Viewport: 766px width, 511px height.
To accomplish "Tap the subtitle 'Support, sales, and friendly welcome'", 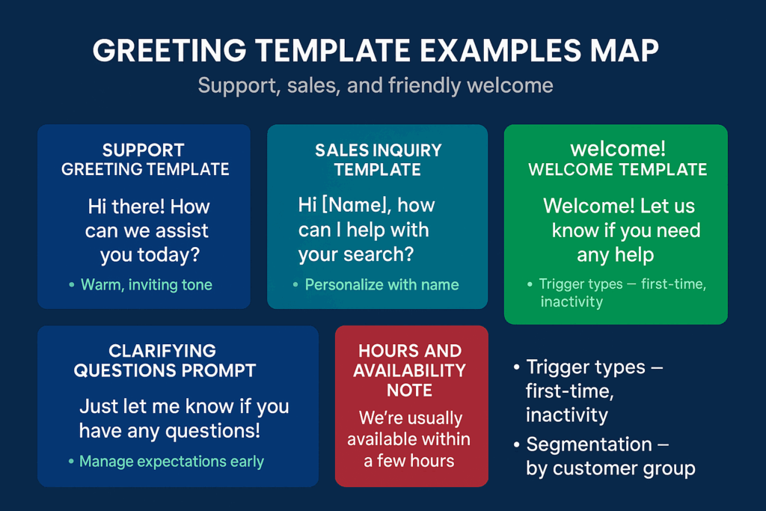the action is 376,86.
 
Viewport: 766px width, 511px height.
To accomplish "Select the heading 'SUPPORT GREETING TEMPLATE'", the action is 145,159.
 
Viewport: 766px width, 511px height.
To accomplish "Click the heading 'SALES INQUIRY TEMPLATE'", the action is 378,160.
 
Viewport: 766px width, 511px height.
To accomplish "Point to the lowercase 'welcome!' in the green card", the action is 617,149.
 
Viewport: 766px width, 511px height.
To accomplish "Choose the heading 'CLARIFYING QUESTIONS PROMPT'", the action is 165,361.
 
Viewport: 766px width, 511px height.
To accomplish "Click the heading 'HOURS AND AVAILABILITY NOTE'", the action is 409,370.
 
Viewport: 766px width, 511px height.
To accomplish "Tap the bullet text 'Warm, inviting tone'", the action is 146,285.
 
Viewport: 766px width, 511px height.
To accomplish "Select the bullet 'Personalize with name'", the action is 382,284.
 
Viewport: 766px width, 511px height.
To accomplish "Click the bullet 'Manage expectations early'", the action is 171,462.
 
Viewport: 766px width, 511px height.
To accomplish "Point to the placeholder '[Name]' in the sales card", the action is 356,205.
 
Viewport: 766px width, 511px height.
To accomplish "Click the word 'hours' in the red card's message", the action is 432,461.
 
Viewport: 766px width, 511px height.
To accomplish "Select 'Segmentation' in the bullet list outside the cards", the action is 589,444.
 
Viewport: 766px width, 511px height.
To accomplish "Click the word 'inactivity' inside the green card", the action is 572,302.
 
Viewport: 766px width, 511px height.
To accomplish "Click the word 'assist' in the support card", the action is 181,230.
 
